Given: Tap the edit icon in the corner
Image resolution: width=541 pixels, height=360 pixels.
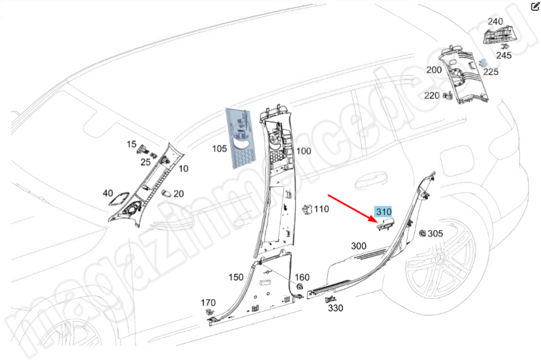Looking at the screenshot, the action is pyautogui.click(x=535, y=7).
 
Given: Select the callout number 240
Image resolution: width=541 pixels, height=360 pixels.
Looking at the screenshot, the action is pyautogui.click(x=495, y=21).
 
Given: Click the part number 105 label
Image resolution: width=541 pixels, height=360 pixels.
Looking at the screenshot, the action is pyautogui.click(x=219, y=149).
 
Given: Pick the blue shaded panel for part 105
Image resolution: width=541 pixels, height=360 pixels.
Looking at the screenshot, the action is pyautogui.click(x=240, y=138).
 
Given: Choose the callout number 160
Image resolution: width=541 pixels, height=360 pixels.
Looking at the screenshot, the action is pyautogui.click(x=302, y=277).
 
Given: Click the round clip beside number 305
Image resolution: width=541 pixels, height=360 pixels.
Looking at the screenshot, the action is pyautogui.click(x=422, y=233).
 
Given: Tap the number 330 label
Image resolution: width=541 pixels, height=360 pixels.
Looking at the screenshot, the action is pyautogui.click(x=335, y=308).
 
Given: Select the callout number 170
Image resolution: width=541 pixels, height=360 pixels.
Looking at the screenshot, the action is pyautogui.click(x=208, y=302).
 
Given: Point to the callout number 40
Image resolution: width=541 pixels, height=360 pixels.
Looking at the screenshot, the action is pyautogui.click(x=107, y=193).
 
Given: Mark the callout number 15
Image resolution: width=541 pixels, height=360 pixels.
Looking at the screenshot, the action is pyautogui.click(x=131, y=144).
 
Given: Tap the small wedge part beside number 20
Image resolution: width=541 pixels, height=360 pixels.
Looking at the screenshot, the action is pyautogui.click(x=166, y=192).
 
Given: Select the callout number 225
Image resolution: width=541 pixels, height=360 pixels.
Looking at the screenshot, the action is pyautogui.click(x=491, y=72).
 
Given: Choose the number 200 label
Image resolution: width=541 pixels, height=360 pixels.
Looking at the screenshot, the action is pyautogui.click(x=434, y=70).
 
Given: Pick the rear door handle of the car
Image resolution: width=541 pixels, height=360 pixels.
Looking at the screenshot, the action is pyautogui.click(x=371, y=182).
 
